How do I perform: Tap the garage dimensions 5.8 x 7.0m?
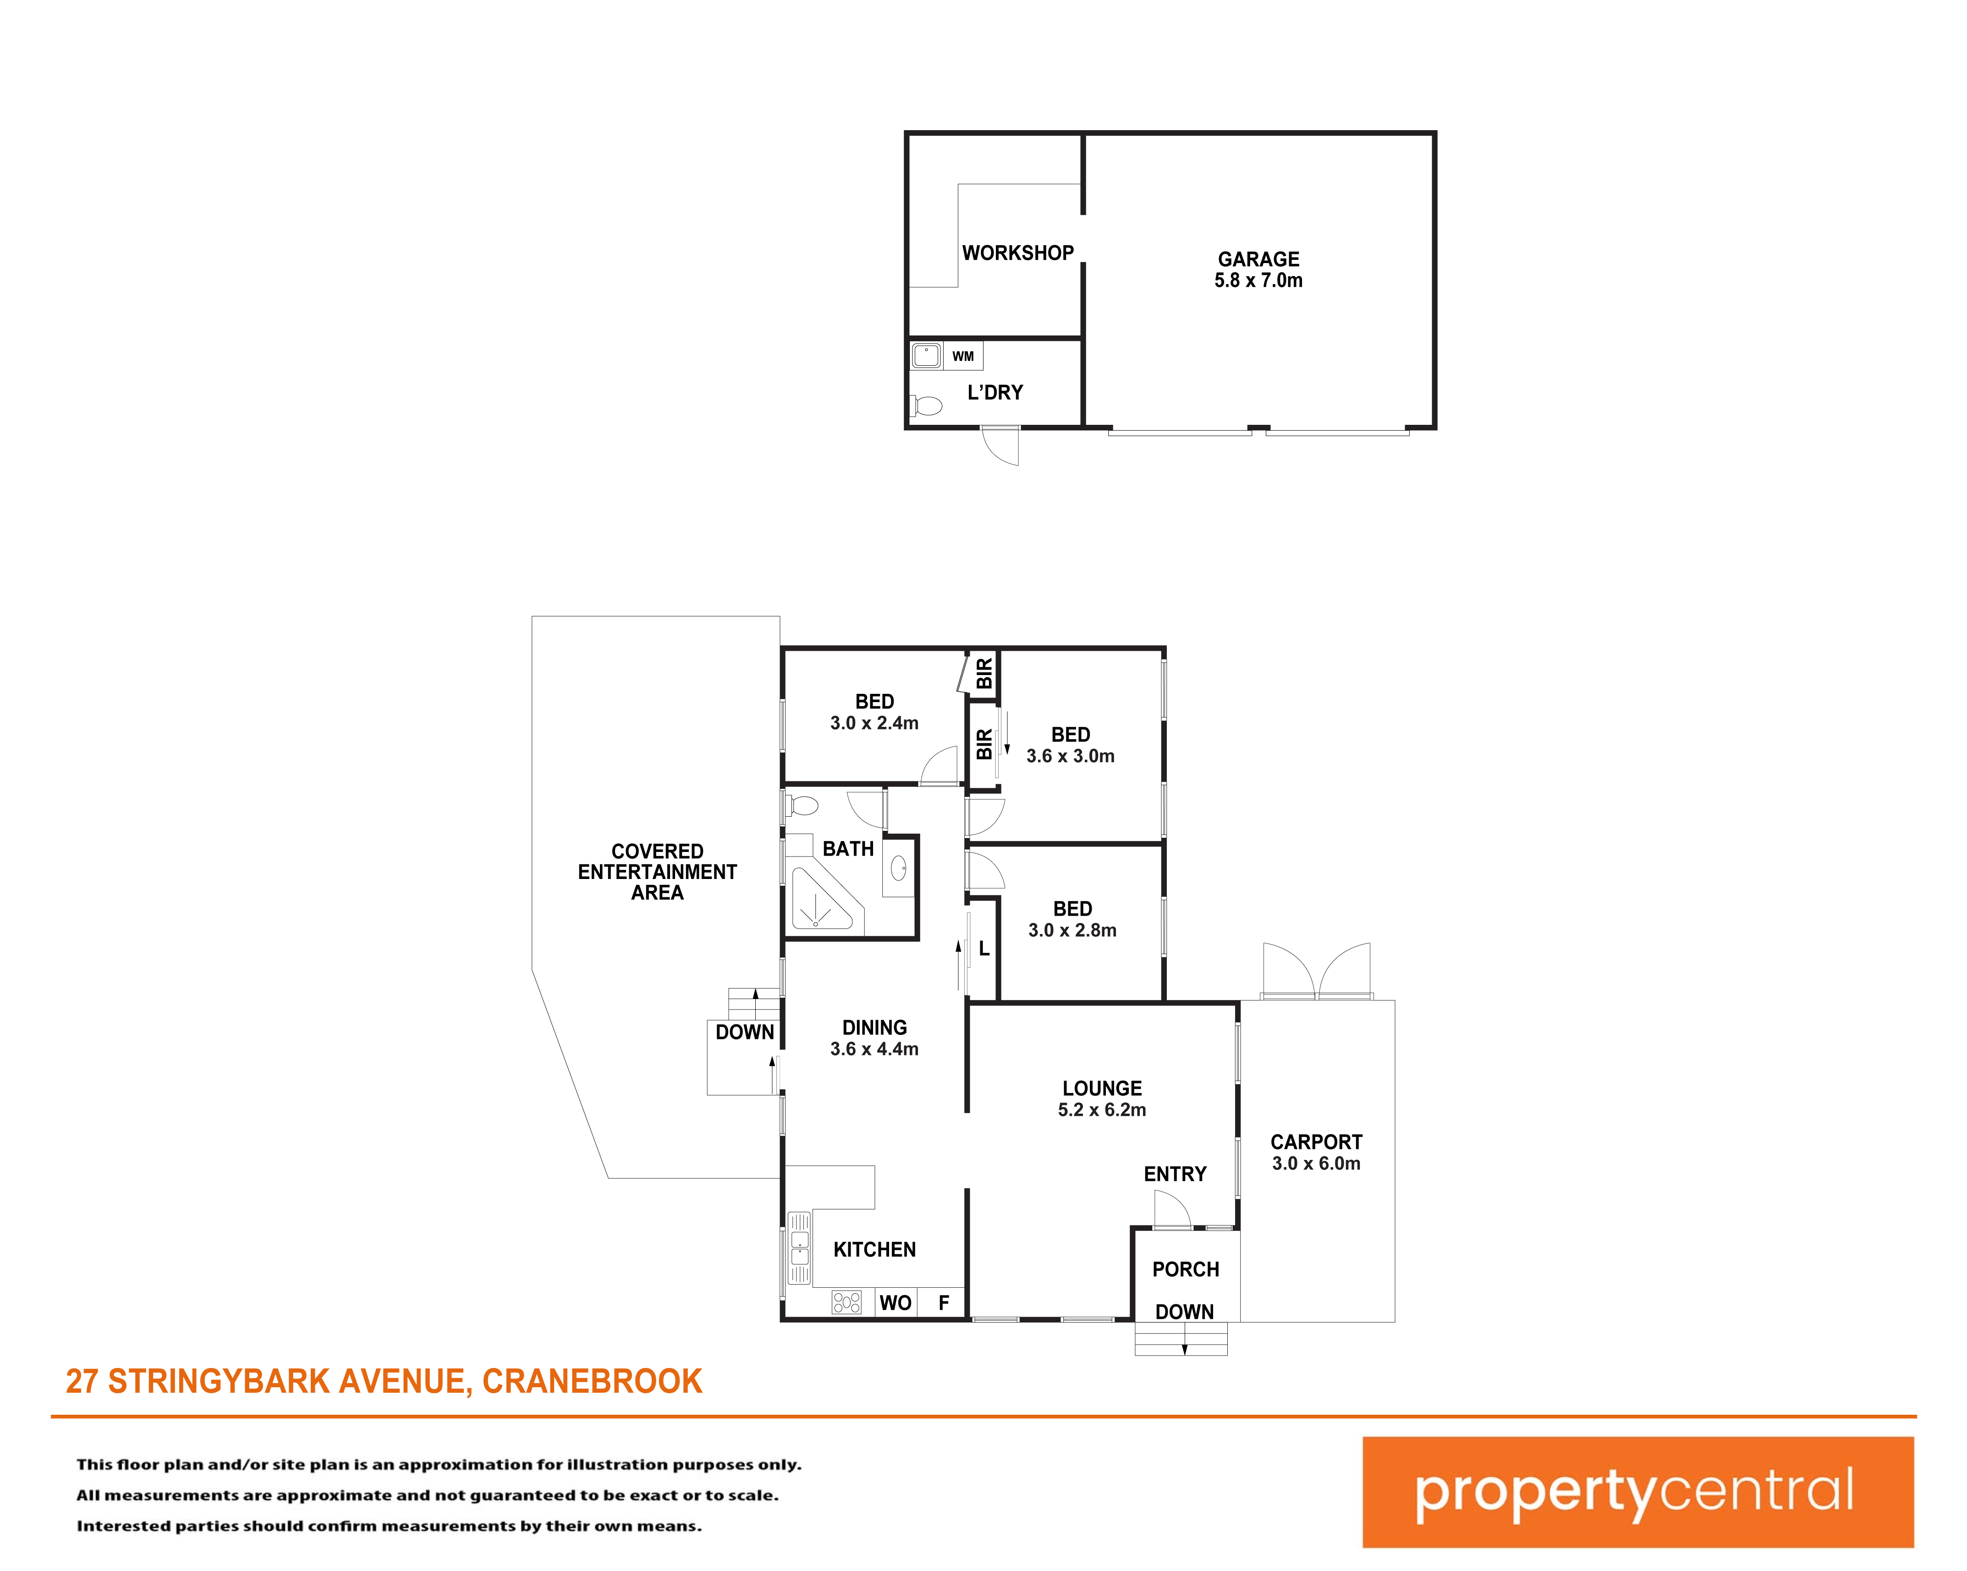(x=1258, y=281)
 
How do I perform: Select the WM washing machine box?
(x=962, y=356)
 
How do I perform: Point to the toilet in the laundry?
(x=926, y=405)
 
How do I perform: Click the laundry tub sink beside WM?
(x=926, y=355)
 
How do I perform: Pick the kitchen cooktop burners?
(x=846, y=1302)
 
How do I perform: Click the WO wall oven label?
(x=895, y=1303)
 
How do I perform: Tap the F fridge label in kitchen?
(x=944, y=1303)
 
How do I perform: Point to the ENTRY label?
(x=1175, y=1174)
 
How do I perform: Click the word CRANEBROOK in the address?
(x=592, y=1381)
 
